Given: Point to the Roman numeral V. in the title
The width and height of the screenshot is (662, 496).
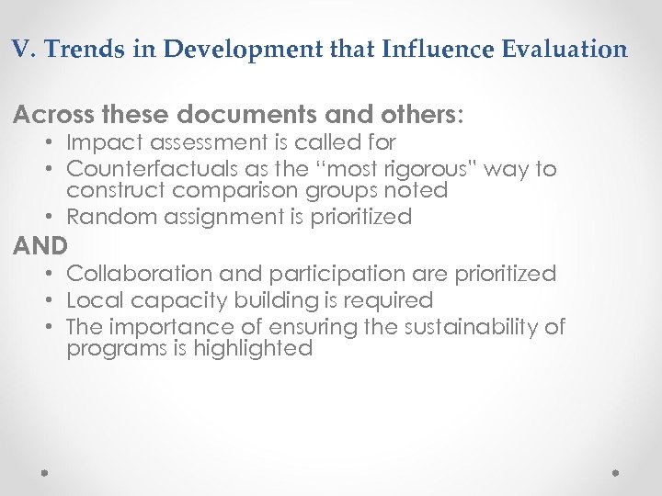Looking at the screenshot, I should click(23, 49).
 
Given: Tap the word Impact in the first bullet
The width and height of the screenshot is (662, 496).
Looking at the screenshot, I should click(100, 143).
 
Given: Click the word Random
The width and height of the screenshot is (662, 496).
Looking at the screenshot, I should click(107, 217).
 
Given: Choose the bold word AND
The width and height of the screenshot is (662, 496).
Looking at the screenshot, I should click(40, 246).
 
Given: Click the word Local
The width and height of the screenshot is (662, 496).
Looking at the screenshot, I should click(91, 300).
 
